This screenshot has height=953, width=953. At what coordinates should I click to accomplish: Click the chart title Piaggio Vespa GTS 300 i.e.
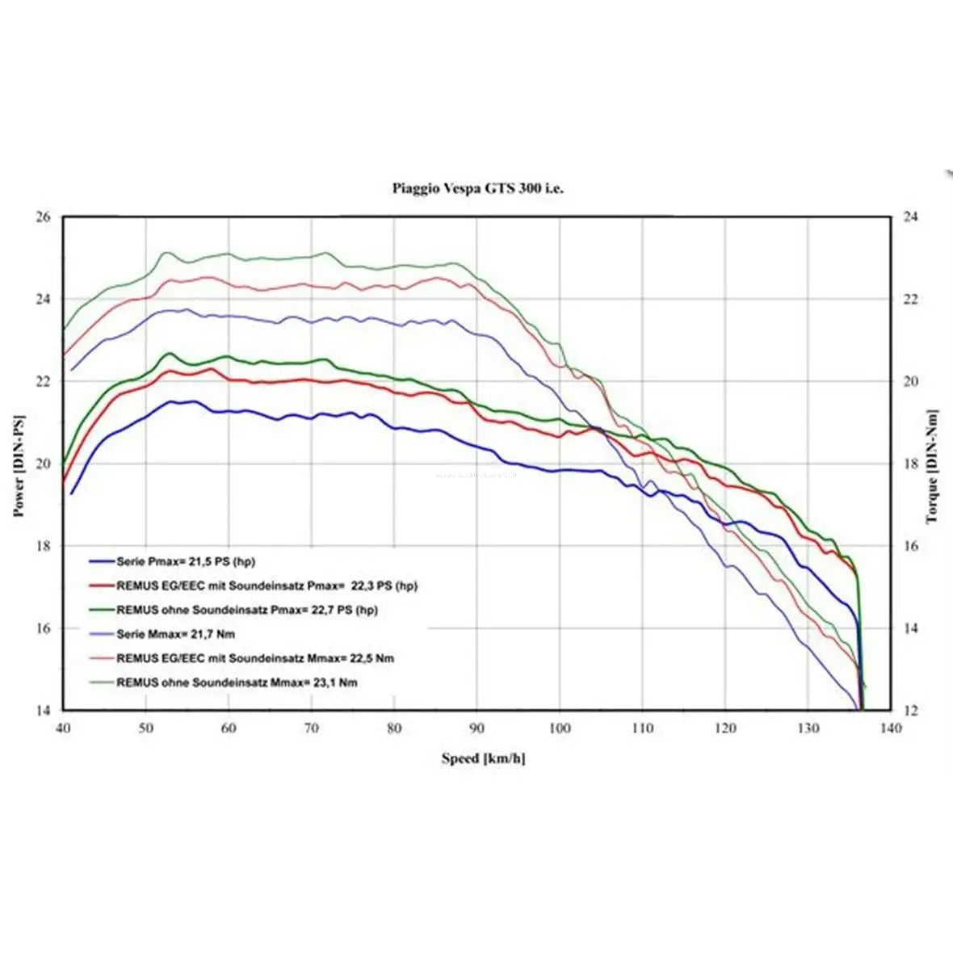point(478,188)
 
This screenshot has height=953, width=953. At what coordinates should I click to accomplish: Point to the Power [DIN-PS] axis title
point(19,466)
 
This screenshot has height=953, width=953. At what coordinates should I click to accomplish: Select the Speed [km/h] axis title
point(483,758)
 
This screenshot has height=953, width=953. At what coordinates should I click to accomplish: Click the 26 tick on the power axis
point(43,216)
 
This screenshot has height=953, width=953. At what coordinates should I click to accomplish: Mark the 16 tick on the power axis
point(43,628)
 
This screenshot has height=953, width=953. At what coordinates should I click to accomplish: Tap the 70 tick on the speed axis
point(312,728)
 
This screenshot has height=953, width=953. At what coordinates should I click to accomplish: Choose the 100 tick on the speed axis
point(560,728)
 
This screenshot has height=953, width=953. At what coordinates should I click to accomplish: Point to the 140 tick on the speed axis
point(890,728)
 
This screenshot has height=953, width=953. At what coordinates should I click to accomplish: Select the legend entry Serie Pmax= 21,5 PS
point(186,561)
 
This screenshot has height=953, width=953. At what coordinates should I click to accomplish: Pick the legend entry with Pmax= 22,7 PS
point(246,610)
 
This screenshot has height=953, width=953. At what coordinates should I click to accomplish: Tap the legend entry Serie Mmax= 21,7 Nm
point(176,634)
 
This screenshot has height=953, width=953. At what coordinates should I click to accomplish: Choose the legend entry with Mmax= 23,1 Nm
point(237,682)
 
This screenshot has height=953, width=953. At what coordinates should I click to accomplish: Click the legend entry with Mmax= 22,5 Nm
point(255,658)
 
